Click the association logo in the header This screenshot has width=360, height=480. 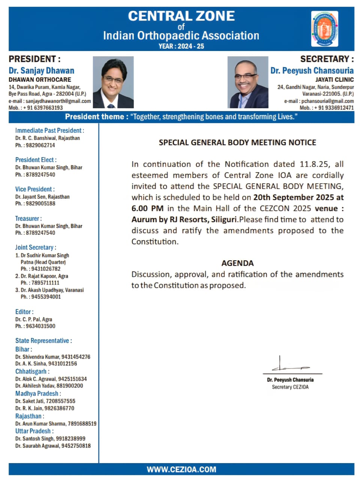[325, 29]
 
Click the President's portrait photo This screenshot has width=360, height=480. [113, 82]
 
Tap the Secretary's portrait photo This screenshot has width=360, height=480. [248, 82]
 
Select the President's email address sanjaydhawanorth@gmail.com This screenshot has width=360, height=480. [58, 101]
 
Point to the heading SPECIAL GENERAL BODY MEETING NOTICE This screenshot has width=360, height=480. [237, 142]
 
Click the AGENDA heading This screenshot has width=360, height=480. [237, 263]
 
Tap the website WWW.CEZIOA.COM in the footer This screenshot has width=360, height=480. [181, 469]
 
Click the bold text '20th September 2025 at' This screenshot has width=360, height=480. [298, 197]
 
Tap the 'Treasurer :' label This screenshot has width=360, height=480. [28, 218]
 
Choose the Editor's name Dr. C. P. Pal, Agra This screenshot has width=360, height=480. [34, 319]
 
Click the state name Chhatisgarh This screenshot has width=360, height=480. [31, 371]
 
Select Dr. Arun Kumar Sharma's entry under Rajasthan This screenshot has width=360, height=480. [56, 423]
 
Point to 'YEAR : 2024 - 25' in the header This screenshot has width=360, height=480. [181, 46]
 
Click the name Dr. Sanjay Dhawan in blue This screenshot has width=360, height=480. [42, 70]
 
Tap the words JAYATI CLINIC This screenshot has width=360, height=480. [334, 79]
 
